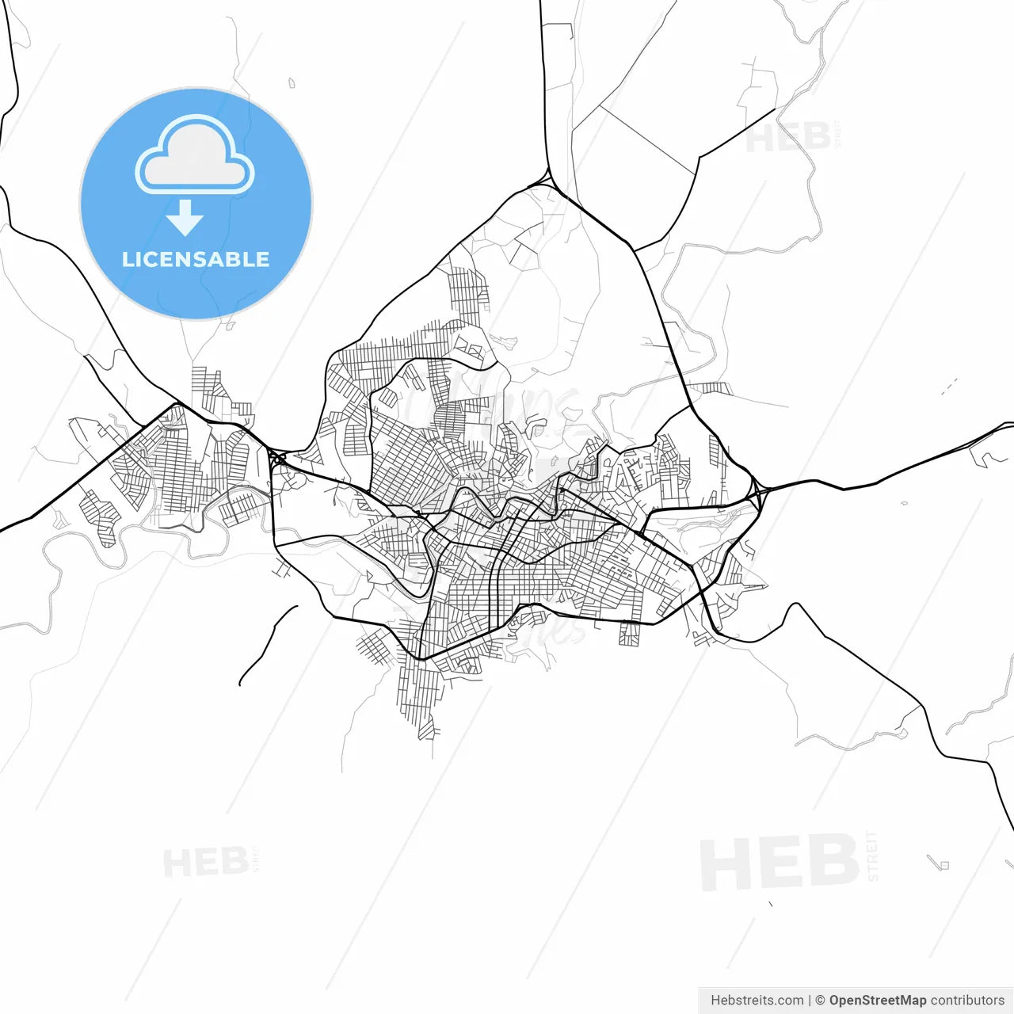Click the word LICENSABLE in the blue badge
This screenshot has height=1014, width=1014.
tap(196, 260)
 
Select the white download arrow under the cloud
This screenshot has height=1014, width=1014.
tap(185, 217)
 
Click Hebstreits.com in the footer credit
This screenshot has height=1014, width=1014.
tap(757, 1001)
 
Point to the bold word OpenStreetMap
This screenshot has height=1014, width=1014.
tap(877, 1001)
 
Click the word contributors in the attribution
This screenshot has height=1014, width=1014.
tap(967, 1001)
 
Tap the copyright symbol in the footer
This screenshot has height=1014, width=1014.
tap(820, 1001)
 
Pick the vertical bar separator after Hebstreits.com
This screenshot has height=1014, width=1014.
tap(809, 1001)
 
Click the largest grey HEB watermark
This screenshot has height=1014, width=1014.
tap(780, 863)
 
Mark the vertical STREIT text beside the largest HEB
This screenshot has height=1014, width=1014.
tap(873, 856)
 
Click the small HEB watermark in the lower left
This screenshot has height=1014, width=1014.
tap(205, 863)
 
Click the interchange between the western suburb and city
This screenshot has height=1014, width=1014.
tap(276, 458)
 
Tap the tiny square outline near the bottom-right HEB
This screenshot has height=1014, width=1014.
tap(943, 865)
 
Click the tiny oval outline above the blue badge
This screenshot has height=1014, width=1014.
tap(292, 82)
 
